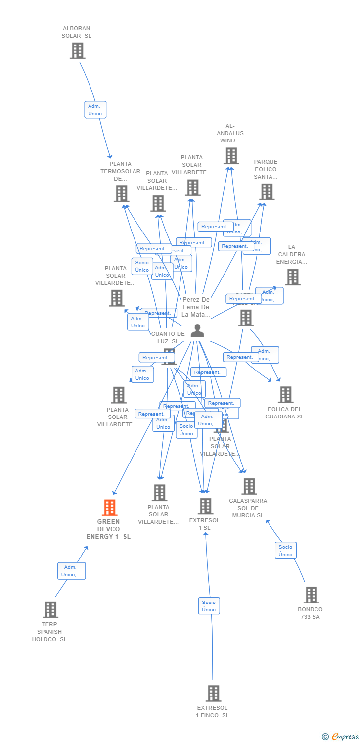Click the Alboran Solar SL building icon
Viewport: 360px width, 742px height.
[77, 50]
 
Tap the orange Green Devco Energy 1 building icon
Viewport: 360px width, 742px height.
[109, 508]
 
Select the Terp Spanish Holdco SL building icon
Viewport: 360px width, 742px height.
[50, 609]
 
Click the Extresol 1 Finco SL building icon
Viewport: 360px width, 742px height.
[213, 693]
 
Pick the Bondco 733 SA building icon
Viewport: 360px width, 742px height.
[311, 595]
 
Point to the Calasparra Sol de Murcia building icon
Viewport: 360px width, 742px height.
[249, 486]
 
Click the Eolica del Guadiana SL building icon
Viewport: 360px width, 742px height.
[285, 394]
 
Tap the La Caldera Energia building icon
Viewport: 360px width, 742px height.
[292, 277]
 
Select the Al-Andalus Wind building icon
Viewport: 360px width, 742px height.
[231, 156]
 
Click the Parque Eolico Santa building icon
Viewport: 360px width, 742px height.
[267, 192]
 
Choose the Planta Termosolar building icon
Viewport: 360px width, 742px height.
[121, 194]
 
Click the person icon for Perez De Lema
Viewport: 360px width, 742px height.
[197, 330]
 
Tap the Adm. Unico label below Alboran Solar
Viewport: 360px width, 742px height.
[95, 110]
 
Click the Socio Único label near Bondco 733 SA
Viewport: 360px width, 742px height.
[285, 551]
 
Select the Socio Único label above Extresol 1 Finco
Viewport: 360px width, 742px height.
[209, 606]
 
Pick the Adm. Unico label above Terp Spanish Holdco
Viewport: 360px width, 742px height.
[71, 571]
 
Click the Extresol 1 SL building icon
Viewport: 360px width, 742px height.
[205, 506]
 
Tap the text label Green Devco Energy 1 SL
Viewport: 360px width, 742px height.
[108, 529]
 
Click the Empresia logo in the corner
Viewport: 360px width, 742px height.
[341, 736]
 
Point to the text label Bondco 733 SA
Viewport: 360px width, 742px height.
[310, 613]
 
